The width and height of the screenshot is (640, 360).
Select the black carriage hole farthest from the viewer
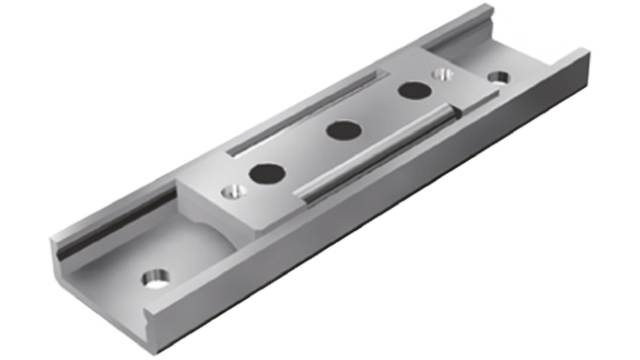411,91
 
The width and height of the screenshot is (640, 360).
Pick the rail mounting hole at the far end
497,76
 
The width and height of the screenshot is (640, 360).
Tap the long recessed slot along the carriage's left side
300,113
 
